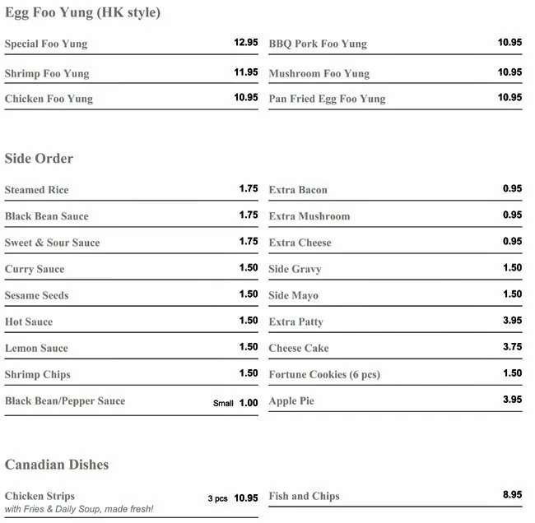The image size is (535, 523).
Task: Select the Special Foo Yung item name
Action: click(x=46, y=44)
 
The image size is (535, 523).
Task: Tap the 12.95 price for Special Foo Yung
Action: click(x=245, y=42)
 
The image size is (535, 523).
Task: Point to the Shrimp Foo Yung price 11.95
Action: click(x=245, y=72)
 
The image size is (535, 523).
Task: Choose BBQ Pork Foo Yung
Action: click(x=318, y=44)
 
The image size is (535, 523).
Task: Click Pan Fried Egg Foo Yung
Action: click(x=327, y=99)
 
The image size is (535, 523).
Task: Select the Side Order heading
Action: click(x=39, y=158)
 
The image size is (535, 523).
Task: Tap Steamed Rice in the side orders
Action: click(x=36, y=190)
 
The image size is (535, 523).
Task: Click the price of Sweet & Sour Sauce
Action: click(x=249, y=242)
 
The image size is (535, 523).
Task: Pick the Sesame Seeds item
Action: click(x=36, y=295)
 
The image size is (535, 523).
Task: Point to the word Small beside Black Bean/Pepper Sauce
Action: click(x=224, y=404)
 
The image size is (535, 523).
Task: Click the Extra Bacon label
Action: click(x=298, y=190)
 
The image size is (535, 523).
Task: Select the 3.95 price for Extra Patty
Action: click(x=512, y=321)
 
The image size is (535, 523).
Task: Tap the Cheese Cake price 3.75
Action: click(x=512, y=347)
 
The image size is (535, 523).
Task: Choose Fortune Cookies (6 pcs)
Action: click(x=324, y=374)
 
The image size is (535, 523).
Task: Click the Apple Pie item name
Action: click(x=291, y=401)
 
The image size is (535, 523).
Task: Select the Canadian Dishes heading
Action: click(x=57, y=465)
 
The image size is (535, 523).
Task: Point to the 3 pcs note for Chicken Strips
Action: click(x=217, y=498)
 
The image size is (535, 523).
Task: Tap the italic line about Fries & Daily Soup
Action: click(x=79, y=510)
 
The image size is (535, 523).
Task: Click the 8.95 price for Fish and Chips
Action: click(x=512, y=495)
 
